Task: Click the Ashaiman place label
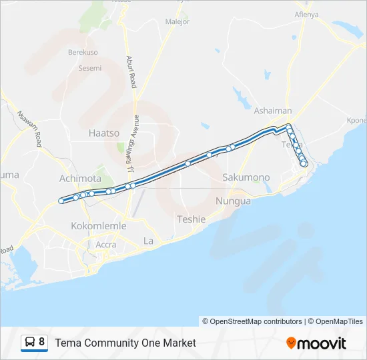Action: pyautogui.click(x=273, y=111)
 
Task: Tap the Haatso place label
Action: pyautogui.click(x=104, y=133)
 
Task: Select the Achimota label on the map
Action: pyautogui.click(x=80, y=179)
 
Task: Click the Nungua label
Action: pyautogui.click(x=234, y=201)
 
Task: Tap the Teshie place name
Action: pyautogui.click(x=192, y=219)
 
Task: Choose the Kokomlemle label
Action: pyautogui.click(x=99, y=226)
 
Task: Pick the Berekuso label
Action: pyautogui.click(x=83, y=52)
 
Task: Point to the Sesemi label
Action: pyautogui.click(x=90, y=68)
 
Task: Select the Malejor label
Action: pyautogui.click(x=178, y=21)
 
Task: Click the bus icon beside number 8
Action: pyautogui.click(x=30, y=343)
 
